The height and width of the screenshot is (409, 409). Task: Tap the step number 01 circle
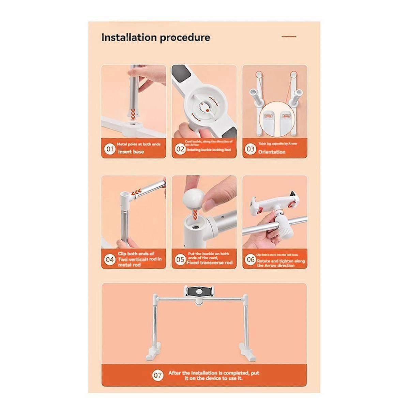pyautogui.click(x=110, y=149)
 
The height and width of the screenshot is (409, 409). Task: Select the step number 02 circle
pyautogui.click(x=180, y=149)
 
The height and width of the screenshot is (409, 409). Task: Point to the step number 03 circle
pyautogui.click(x=251, y=149)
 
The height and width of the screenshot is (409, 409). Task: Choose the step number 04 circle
pyautogui.click(x=110, y=260)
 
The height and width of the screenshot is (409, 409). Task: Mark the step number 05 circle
pyautogui.click(x=180, y=260)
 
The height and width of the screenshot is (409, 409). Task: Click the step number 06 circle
pyautogui.click(x=251, y=260)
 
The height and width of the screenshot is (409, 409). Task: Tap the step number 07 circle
pyautogui.click(x=157, y=376)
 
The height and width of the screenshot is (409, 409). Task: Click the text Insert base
pyautogui.click(x=131, y=152)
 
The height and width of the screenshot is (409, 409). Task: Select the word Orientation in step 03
pyautogui.click(x=272, y=152)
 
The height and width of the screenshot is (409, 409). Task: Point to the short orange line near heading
pyautogui.click(x=289, y=37)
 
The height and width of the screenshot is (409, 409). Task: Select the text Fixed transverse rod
pyautogui.click(x=210, y=263)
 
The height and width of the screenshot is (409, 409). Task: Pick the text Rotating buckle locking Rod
pyautogui.click(x=209, y=150)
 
